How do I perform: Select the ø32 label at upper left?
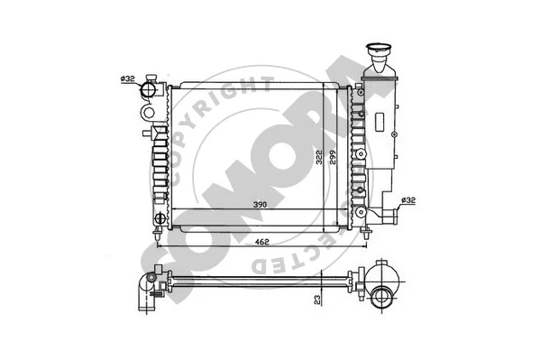coord(128,79)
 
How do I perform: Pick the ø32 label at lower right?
coord(407,200)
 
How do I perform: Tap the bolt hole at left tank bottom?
coord(160,218)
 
